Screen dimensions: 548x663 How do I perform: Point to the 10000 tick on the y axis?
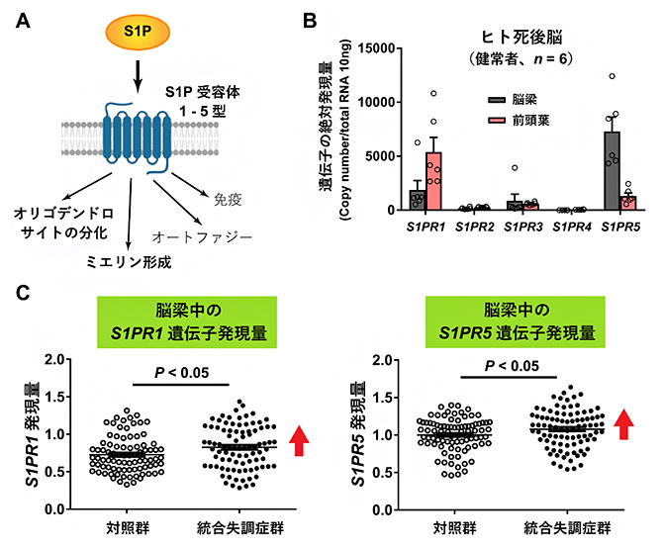pyautogui.click(x=381, y=102)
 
